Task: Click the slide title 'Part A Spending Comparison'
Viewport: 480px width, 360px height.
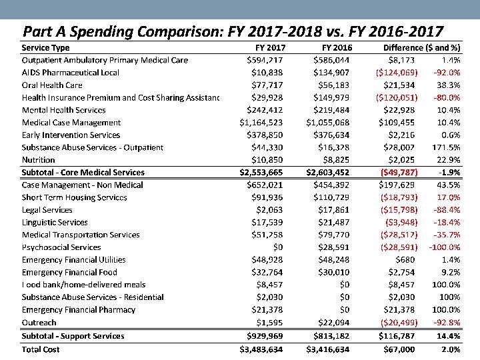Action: pos(233,31)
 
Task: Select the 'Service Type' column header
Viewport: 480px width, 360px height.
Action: pos(45,48)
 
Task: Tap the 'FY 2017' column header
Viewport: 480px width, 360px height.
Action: pos(271,48)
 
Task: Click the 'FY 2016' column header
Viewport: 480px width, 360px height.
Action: pos(337,48)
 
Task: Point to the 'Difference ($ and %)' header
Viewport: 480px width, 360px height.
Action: pos(421,48)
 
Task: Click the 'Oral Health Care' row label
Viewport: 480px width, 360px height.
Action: pos(52,85)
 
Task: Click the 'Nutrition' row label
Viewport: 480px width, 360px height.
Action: pos(39,160)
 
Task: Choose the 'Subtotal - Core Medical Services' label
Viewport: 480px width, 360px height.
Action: pos(83,173)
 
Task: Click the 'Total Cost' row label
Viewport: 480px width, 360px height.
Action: pos(41,349)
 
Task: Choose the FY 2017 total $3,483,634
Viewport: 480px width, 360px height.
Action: pos(263,349)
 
